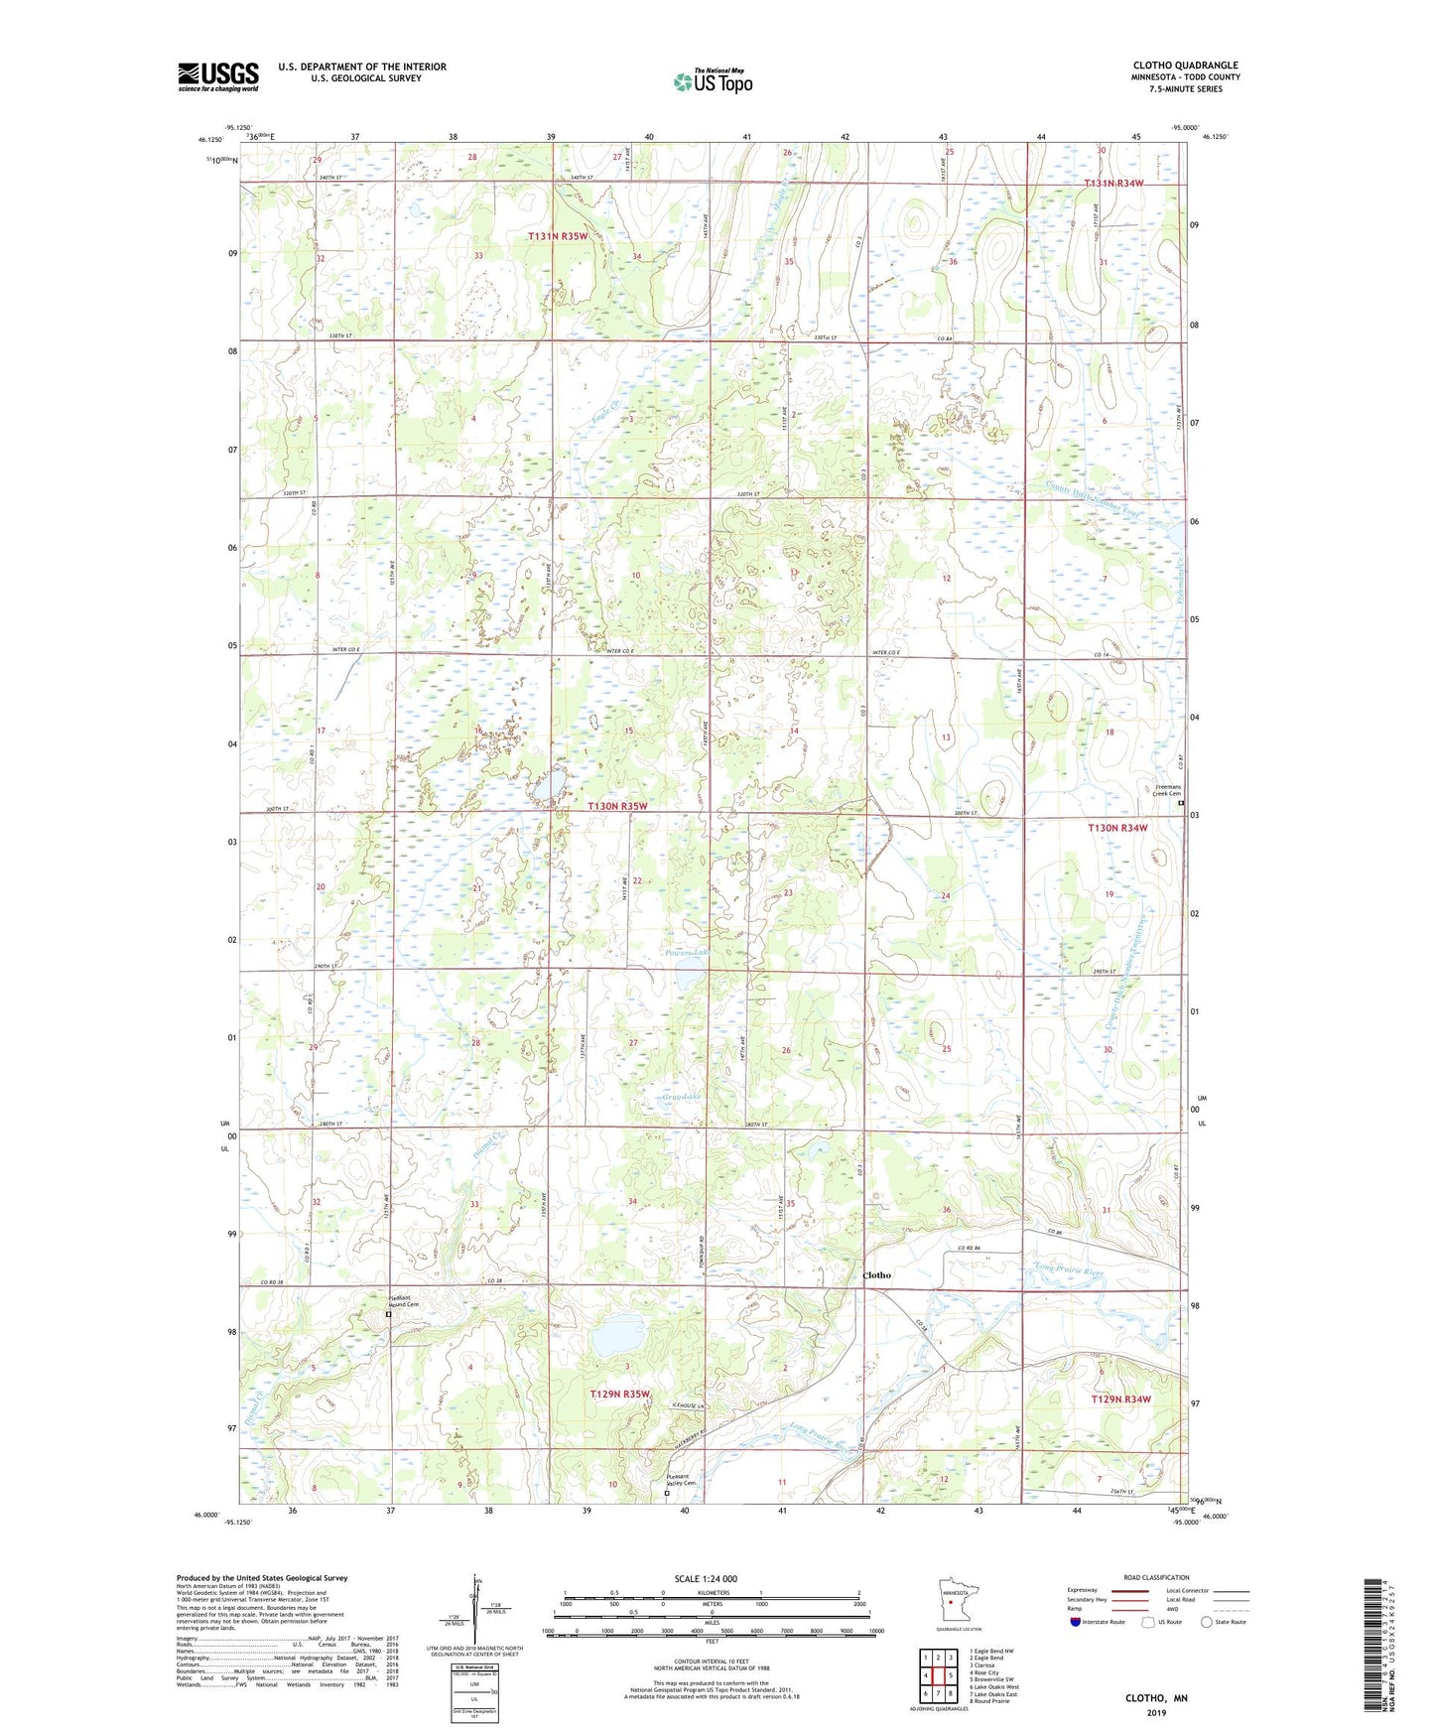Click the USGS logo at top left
pyautogui.click(x=217, y=76)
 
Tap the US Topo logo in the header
pyautogui.click(x=711, y=81)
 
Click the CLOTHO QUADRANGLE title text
pyautogui.click(x=1185, y=66)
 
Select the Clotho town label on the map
pyautogui.click(x=877, y=1275)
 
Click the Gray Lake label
pyautogui.click(x=682, y=1097)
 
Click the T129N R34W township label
pyautogui.click(x=1120, y=1400)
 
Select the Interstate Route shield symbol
pyautogui.click(x=1076, y=1622)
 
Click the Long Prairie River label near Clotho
pyautogui.click(x=1068, y=1270)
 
